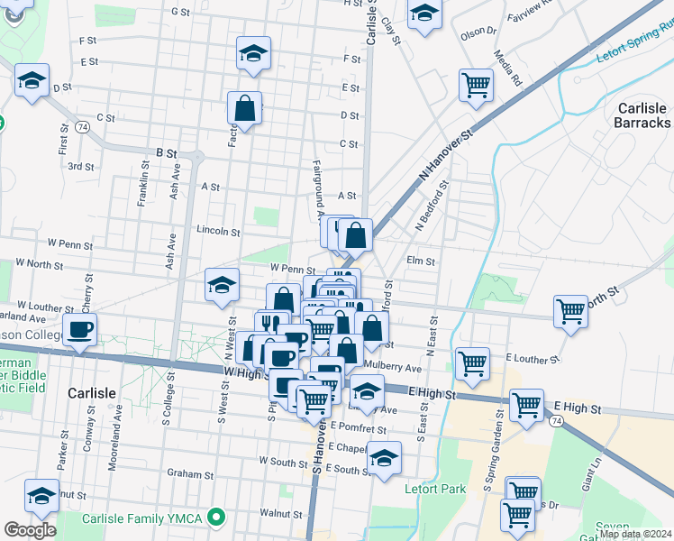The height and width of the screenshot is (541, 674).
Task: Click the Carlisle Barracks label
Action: (x=642, y=115)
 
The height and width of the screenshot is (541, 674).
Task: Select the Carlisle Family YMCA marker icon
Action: (x=214, y=518)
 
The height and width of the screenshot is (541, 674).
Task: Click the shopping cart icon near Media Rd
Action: (x=476, y=86)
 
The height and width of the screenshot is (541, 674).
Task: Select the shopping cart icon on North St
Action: (x=570, y=312)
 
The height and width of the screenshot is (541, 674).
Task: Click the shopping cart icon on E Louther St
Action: (x=472, y=362)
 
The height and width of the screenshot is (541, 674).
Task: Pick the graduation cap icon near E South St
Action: (x=385, y=457)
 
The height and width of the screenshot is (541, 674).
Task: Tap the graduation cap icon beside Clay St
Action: (x=424, y=13)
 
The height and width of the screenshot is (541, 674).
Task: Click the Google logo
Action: (x=30, y=530)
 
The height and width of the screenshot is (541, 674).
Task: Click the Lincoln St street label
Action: (x=218, y=232)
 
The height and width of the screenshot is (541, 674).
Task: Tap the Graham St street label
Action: (x=189, y=473)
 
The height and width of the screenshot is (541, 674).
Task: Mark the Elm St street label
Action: (x=421, y=261)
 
